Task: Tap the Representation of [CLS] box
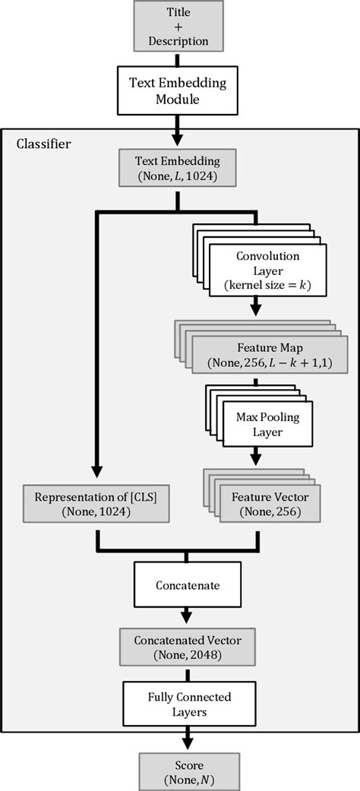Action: [x=95, y=504]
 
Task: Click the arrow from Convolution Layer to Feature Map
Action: [x=256, y=304]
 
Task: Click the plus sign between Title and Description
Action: [x=179, y=27]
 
